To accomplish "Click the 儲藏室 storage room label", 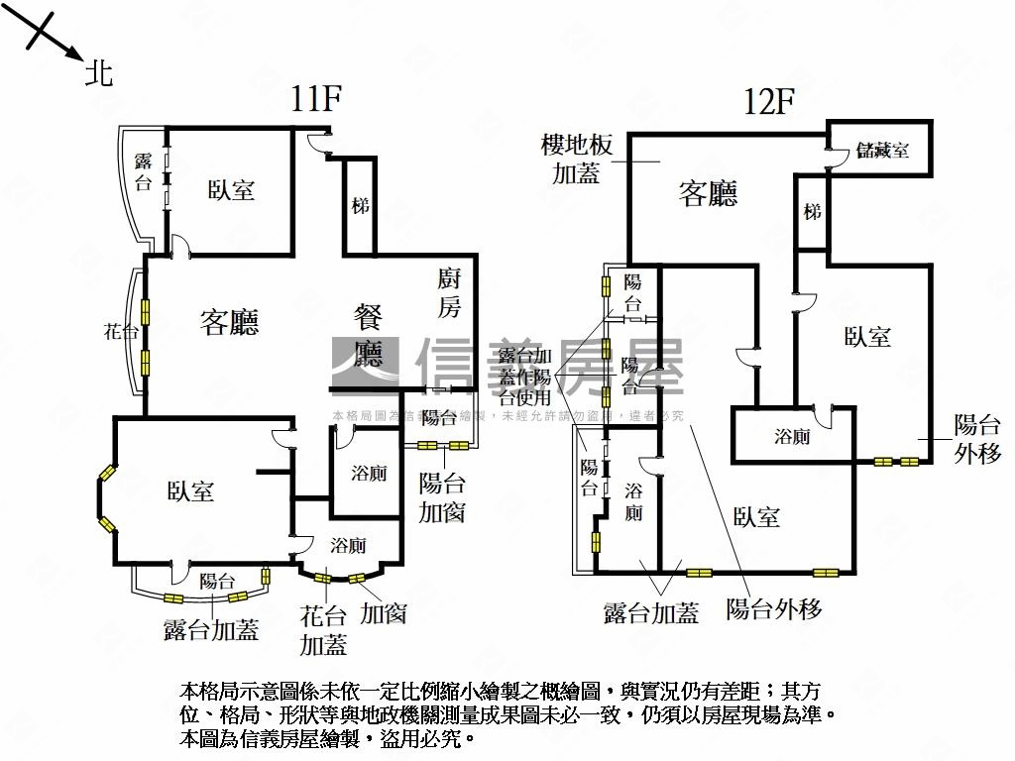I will click(882, 151).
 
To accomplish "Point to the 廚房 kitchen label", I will click(449, 292).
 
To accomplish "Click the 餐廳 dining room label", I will click(369, 336).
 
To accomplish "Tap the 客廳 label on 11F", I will click(229, 321).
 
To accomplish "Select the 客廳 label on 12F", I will click(708, 193).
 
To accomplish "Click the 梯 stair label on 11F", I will click(360, 206).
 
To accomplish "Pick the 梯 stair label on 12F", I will click(813, 211).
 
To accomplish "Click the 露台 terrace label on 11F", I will click(144, 171).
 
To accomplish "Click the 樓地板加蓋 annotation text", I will click(576, 160).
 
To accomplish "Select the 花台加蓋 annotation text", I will click(323, 630).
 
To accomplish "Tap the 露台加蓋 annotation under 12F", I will click(651, 613).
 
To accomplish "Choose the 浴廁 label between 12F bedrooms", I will click(792, 436).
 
